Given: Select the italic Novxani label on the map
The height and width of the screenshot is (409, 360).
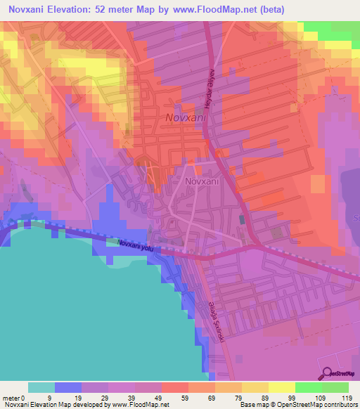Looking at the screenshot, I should [186, 119].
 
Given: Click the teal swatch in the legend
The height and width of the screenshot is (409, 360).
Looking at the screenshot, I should [41, 387].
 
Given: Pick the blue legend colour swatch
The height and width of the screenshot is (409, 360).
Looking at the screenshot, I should [68, 387].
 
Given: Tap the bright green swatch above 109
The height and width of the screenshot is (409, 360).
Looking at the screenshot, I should [308, 387].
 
